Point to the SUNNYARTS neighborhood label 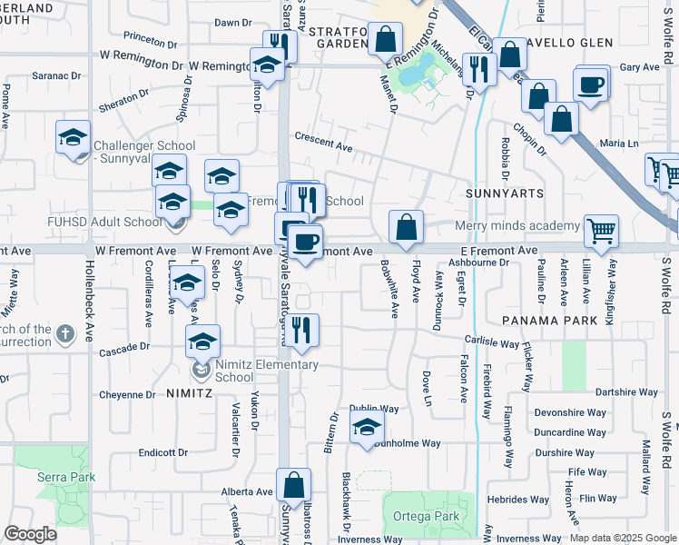coord(505,193)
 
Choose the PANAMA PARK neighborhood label coord(549,321)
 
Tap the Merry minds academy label coord(517,225)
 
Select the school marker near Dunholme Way coord(367,428)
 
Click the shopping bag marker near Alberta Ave coord(293,485)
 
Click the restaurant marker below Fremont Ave coord(303,330)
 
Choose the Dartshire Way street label coord(626,392)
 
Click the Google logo coord(30,534)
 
